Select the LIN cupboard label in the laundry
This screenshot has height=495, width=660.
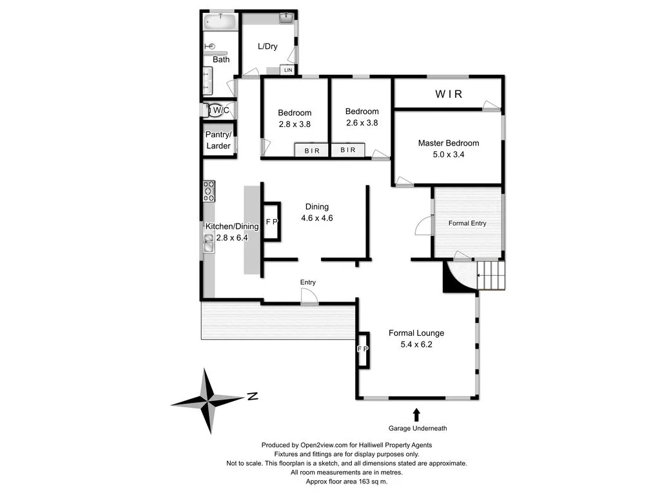[288, 70]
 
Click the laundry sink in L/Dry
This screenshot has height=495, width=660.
[287, 18]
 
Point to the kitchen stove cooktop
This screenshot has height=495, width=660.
[209, 191]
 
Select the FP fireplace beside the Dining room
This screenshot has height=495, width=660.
[271, 222]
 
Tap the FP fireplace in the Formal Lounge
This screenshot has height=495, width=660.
[363, 349]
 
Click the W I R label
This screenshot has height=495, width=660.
[449, 94]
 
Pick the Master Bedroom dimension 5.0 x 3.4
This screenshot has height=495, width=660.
[448, 155]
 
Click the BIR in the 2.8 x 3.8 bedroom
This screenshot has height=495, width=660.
[311, 150]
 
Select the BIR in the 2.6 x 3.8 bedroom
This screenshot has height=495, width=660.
[347, 150]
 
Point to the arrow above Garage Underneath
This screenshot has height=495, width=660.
[416, 414]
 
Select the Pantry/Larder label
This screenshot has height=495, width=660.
[218, 141]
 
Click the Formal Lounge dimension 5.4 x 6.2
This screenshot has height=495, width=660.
[416, 344]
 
